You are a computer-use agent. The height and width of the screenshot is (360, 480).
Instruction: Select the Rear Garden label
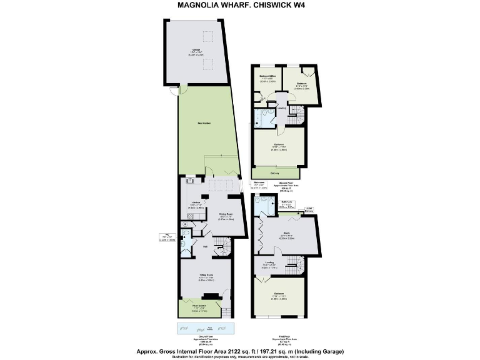click(204, 123)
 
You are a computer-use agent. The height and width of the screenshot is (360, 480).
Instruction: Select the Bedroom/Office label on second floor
click(267, 77)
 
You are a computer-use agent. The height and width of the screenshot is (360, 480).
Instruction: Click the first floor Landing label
click(269, 262)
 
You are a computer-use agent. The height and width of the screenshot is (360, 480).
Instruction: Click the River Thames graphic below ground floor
click(206, 329)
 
